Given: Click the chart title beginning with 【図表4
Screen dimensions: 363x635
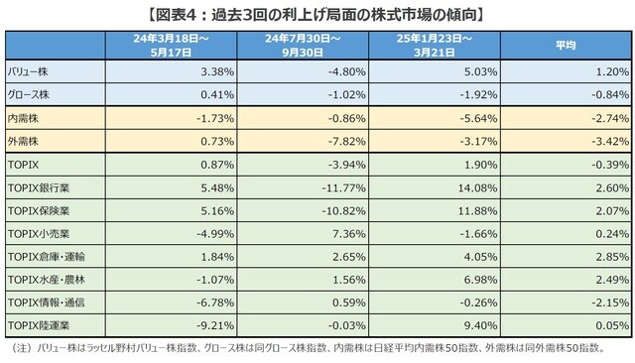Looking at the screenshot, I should pos(317,14).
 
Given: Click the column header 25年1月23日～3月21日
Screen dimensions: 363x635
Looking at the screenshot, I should pos(433,45).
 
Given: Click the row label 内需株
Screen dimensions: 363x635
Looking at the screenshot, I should pos(24,117).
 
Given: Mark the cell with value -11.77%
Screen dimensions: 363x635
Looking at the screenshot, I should pos(337,186).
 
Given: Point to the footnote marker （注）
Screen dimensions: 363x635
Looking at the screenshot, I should pos(18,349).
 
